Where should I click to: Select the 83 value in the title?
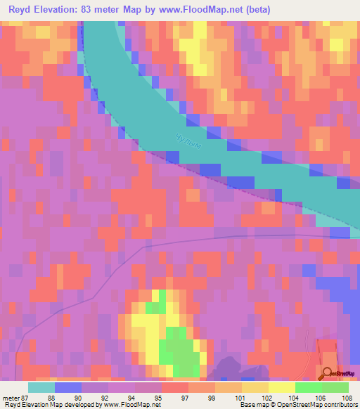91,9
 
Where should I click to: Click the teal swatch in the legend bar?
41,387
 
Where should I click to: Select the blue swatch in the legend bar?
68,387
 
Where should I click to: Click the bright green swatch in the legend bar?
309,387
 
